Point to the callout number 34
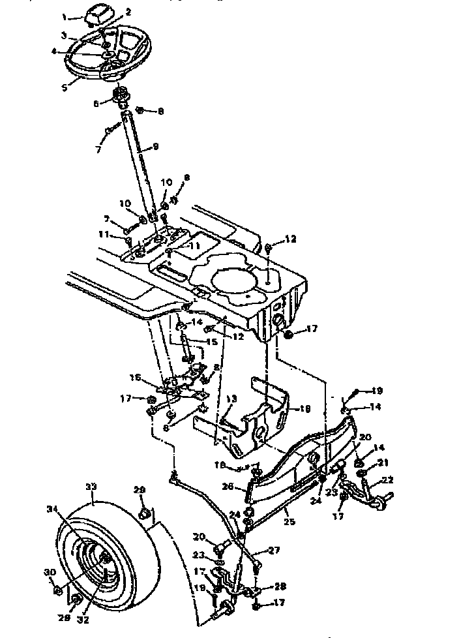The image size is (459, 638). tap(52, 508)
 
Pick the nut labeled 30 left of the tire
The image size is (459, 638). tap(57, 590)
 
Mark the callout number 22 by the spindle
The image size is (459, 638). tap(388, 479)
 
